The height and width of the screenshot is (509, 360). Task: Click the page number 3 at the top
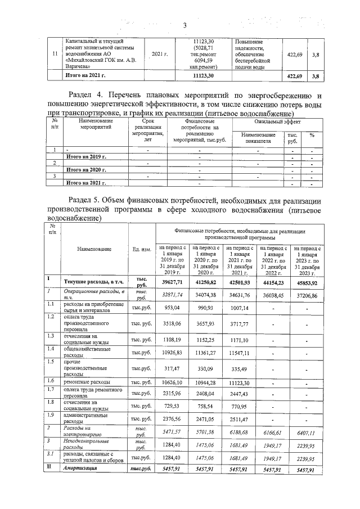click(184, 24)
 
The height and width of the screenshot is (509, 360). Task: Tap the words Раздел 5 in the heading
click(85, 201)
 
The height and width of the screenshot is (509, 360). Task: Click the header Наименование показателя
click(258, 138)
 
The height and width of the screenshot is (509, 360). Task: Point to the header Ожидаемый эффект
click(271, 121)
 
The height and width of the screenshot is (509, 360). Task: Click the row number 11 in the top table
click(54, 53)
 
